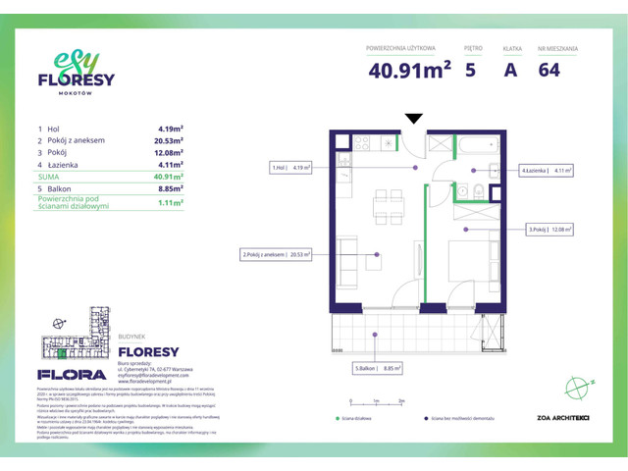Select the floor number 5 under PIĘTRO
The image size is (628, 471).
point(472,69)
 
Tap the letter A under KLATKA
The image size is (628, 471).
point(510,69)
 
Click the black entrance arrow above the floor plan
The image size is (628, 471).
point(414,119)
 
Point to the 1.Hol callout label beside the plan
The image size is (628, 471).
point(290,168)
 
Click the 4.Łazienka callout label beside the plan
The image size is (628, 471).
point(547,169)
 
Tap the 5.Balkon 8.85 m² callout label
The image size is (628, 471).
point(381,369)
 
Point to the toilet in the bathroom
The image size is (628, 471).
point(476,190)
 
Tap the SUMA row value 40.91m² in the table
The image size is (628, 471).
point(171,178)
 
